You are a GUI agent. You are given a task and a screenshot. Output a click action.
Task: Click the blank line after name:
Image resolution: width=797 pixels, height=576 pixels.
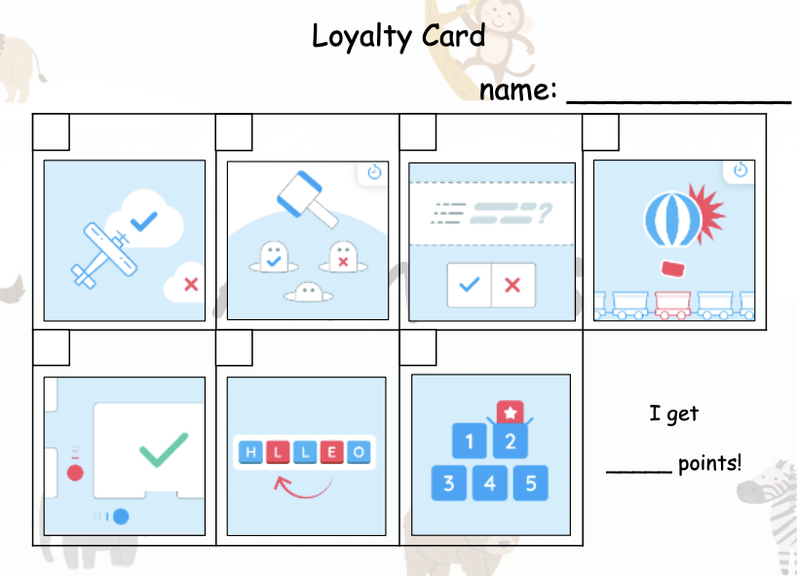678,101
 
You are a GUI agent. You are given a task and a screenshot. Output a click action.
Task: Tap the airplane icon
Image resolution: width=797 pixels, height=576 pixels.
104,255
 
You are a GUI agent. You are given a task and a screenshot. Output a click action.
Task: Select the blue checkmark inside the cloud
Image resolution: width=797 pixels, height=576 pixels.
144,221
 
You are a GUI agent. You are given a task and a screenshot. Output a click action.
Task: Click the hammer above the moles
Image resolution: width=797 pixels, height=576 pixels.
307,198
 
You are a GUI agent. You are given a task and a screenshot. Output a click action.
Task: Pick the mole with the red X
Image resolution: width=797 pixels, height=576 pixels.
343,257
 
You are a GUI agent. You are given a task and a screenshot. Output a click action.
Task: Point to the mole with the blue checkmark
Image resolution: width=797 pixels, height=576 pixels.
274,257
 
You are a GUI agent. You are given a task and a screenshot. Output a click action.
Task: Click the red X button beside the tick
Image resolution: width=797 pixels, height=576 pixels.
512,285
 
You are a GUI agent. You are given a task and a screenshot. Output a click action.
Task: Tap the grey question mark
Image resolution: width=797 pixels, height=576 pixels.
545,213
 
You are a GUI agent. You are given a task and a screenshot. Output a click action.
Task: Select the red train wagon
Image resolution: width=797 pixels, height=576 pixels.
672,304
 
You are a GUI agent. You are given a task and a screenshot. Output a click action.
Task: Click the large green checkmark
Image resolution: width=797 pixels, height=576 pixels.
164,450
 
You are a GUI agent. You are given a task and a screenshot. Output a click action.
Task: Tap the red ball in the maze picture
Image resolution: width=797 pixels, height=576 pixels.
75,473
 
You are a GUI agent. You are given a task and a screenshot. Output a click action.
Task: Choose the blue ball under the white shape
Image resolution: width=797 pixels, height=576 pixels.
121,517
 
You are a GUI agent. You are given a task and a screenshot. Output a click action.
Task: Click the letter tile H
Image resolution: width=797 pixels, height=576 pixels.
250,452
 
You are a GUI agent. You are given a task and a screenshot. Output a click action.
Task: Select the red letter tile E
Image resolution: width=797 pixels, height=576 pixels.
331,452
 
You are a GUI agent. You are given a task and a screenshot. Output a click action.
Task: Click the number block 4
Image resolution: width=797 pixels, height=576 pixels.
489,484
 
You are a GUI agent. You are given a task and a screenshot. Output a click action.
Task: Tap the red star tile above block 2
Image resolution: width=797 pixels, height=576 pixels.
510,412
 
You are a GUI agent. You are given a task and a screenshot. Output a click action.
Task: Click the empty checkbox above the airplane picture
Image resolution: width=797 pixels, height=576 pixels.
51,132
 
